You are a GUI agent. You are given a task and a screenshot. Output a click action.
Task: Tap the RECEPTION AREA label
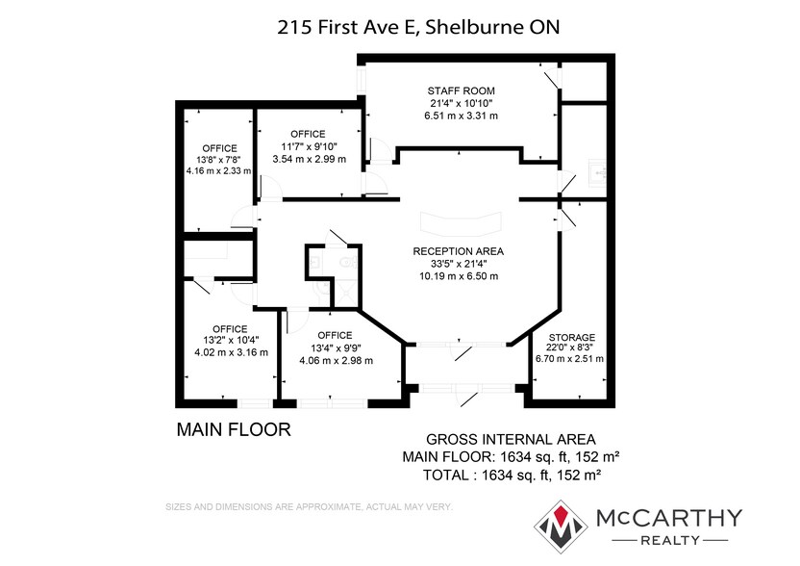458,251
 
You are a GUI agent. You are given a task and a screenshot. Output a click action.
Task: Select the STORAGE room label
571,337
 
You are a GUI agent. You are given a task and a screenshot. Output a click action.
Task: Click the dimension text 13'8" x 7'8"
219,160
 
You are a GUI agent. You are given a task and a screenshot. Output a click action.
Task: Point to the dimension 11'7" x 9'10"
308,146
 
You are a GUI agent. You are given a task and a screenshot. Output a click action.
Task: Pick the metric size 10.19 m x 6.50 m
458,276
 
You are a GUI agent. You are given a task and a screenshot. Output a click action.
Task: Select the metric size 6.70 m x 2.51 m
570,359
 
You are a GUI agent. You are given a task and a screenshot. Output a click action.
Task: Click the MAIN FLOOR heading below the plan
233,429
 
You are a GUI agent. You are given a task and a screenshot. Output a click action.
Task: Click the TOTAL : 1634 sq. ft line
512,475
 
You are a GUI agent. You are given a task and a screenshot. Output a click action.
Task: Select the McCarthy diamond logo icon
562,526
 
